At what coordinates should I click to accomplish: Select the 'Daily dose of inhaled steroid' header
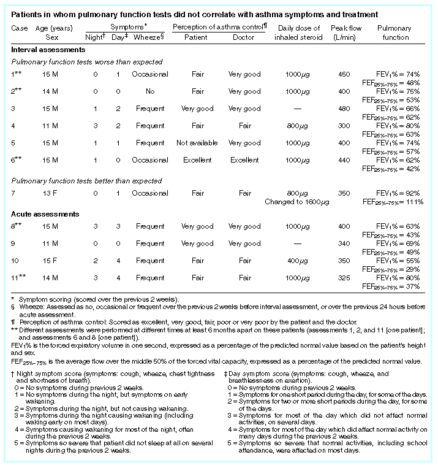pyautogui.click(x=299, y=33)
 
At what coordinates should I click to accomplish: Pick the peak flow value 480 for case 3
pyautogui.click(x=344, y=109)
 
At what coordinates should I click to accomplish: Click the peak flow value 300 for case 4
pyautogui.click(x=344, y=126)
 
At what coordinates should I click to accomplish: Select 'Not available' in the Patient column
pyautogui.click(x=197, y=143)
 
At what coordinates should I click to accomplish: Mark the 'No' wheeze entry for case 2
pyautogui.click(x=150, y=91)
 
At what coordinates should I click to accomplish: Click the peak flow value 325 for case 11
pyautogui.click(x=344, y=277)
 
